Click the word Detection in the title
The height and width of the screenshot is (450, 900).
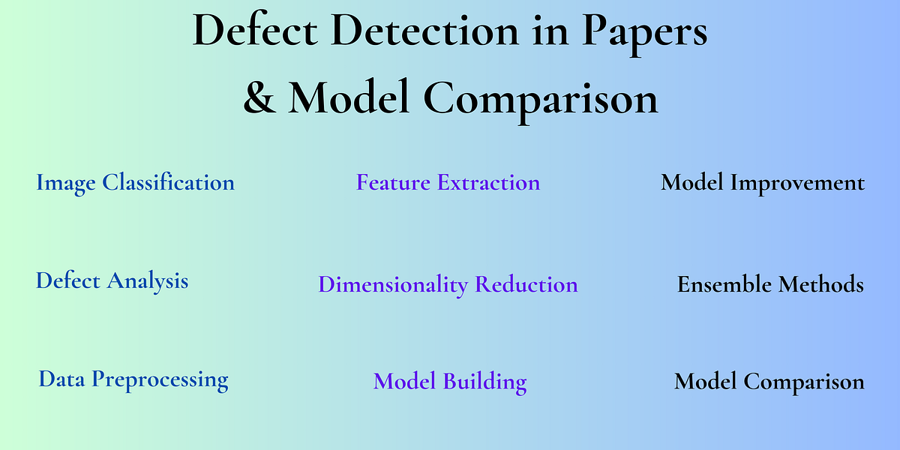(419, 31)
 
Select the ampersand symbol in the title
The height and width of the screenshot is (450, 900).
(259, 97)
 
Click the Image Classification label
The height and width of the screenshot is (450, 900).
(135, 182)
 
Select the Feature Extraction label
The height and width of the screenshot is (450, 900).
(448, 182)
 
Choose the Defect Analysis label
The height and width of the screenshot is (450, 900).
(112, 280)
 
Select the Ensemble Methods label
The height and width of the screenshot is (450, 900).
(770, 284)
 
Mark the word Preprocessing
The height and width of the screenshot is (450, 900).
(160, 379)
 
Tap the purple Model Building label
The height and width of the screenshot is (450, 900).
(450, 381)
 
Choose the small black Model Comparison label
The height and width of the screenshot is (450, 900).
(769, 381)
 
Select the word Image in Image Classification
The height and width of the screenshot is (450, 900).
(67, 182)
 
